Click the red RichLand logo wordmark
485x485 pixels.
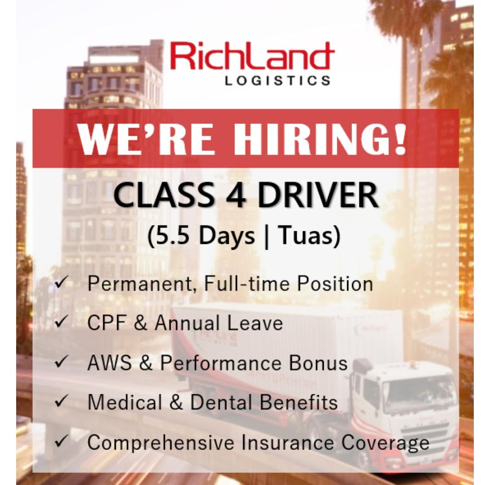252,57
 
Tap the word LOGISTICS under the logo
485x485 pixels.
278,81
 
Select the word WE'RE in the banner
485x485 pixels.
145,138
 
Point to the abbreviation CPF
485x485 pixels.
107,323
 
